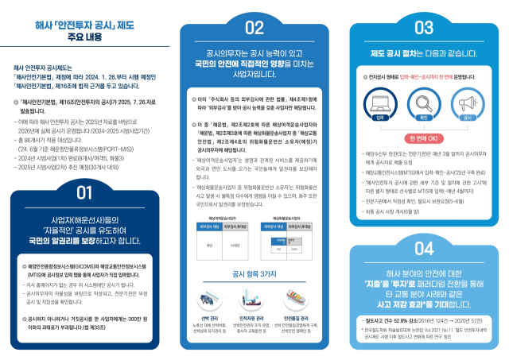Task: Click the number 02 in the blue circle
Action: (254, 29)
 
